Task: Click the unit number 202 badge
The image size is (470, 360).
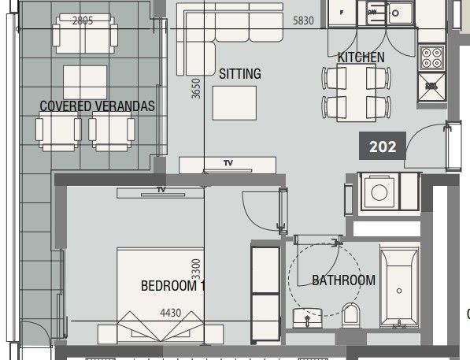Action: click(383, 146)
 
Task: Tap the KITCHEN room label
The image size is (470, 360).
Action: click(361, 58)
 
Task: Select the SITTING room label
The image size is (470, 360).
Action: click(239, 75)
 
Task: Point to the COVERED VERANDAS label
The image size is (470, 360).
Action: click(98, 106)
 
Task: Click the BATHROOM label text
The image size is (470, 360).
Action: click(343, 280)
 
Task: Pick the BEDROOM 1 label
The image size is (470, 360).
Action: click(172, 286)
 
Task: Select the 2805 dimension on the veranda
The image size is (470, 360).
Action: click(82, 21)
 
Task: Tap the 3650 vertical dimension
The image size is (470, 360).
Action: click(196, 87)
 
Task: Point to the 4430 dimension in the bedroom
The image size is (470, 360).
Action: click(171, 313)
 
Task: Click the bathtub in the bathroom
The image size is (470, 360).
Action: click(400, 288)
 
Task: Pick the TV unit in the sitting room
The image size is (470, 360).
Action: click(228, 164)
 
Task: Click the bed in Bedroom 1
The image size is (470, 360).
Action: click(162, 295)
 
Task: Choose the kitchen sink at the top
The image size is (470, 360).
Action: click(402, 12)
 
